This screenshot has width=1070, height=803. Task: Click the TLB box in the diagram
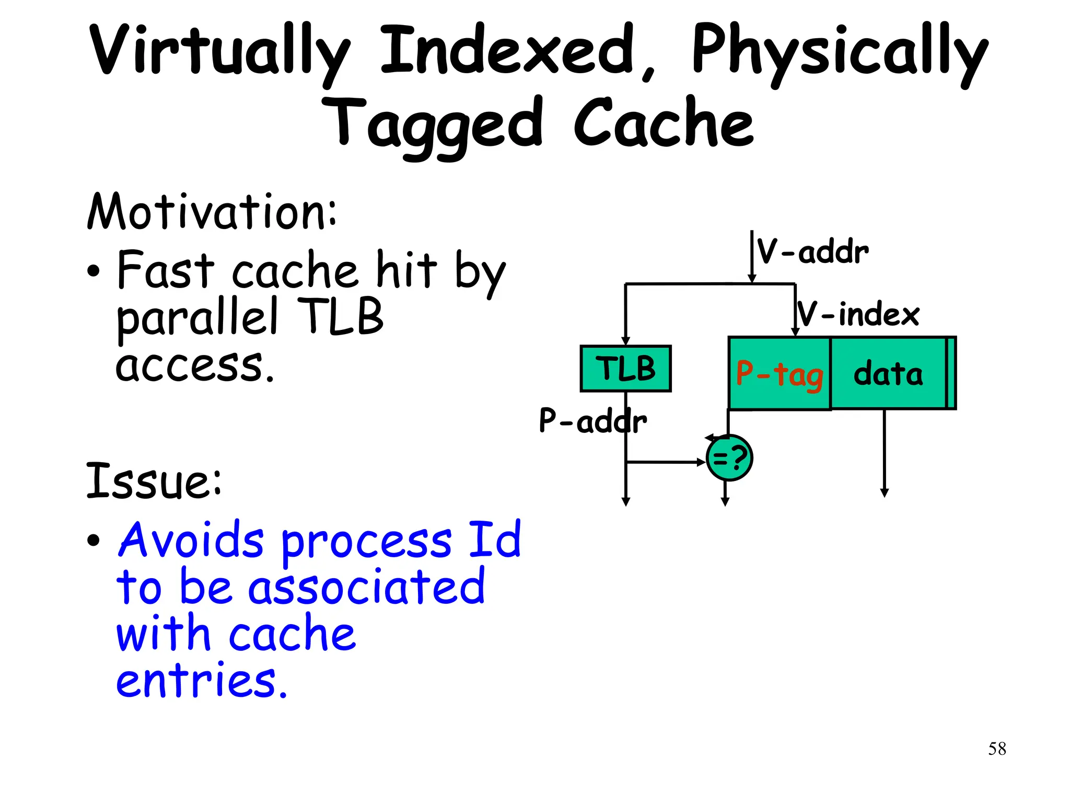click(x=625, y=369)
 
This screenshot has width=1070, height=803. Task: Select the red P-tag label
click(x=779, y=374)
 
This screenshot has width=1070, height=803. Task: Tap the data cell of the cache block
click(x=888, y=373)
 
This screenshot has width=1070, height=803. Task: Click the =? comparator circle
click(x=729, y=458)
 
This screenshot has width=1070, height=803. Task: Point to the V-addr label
click(x=813, y=252)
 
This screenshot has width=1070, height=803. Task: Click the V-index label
click(x=858, y=314)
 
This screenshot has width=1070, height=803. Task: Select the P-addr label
click(x=592, y=421)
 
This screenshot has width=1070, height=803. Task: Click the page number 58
click(x=997, y=749)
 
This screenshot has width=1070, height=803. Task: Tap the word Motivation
click(x=211, y=212)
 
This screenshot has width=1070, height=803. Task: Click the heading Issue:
click(x=154, y=480)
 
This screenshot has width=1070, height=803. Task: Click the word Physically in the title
click(x=839, y=52)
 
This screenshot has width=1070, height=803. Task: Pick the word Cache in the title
click(x=664, y=123)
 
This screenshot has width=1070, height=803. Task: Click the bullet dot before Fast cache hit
click(x=94, y=271)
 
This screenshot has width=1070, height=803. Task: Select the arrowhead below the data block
click(x=884, y=492)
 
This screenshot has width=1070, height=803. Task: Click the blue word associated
click(x=366, y=587)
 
